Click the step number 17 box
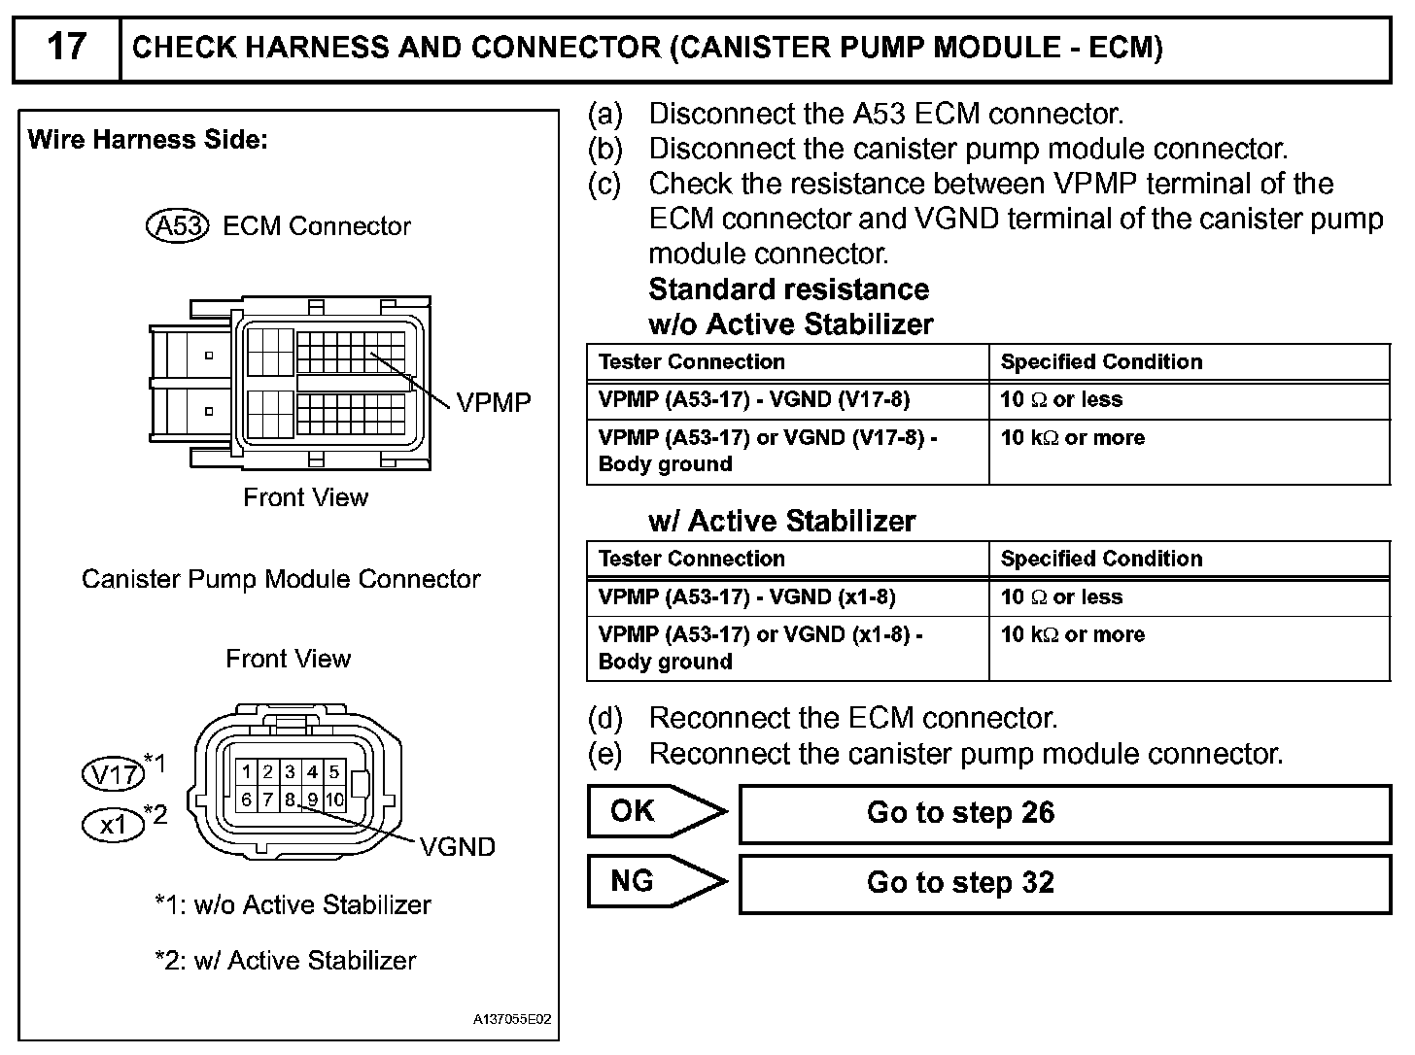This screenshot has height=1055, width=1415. [x=66, y=48]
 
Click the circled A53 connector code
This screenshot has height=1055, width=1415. [x=178, y=226]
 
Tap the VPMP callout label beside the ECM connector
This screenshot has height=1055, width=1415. [x=494, y=402]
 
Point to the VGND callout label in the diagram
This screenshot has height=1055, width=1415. [x=458, y=847]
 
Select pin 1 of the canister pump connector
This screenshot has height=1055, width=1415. [x=247, y=772]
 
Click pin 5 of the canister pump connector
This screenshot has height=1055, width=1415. [x=333, y=772]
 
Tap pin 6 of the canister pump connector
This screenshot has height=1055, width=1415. [x=247, y=800]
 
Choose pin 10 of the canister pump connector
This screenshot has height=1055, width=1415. [x=334, y=800]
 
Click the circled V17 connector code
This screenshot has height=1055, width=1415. [x=113, y=774]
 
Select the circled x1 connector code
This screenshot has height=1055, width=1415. [x=114, y=825]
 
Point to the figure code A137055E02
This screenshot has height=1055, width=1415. [x=512, y=1020]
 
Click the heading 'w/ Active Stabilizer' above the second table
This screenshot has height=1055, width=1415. [x=781, y=522]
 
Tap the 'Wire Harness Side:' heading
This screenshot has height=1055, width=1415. [x=148, y=140]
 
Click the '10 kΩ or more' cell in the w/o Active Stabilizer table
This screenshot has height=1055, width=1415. [x=1072, y=438]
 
